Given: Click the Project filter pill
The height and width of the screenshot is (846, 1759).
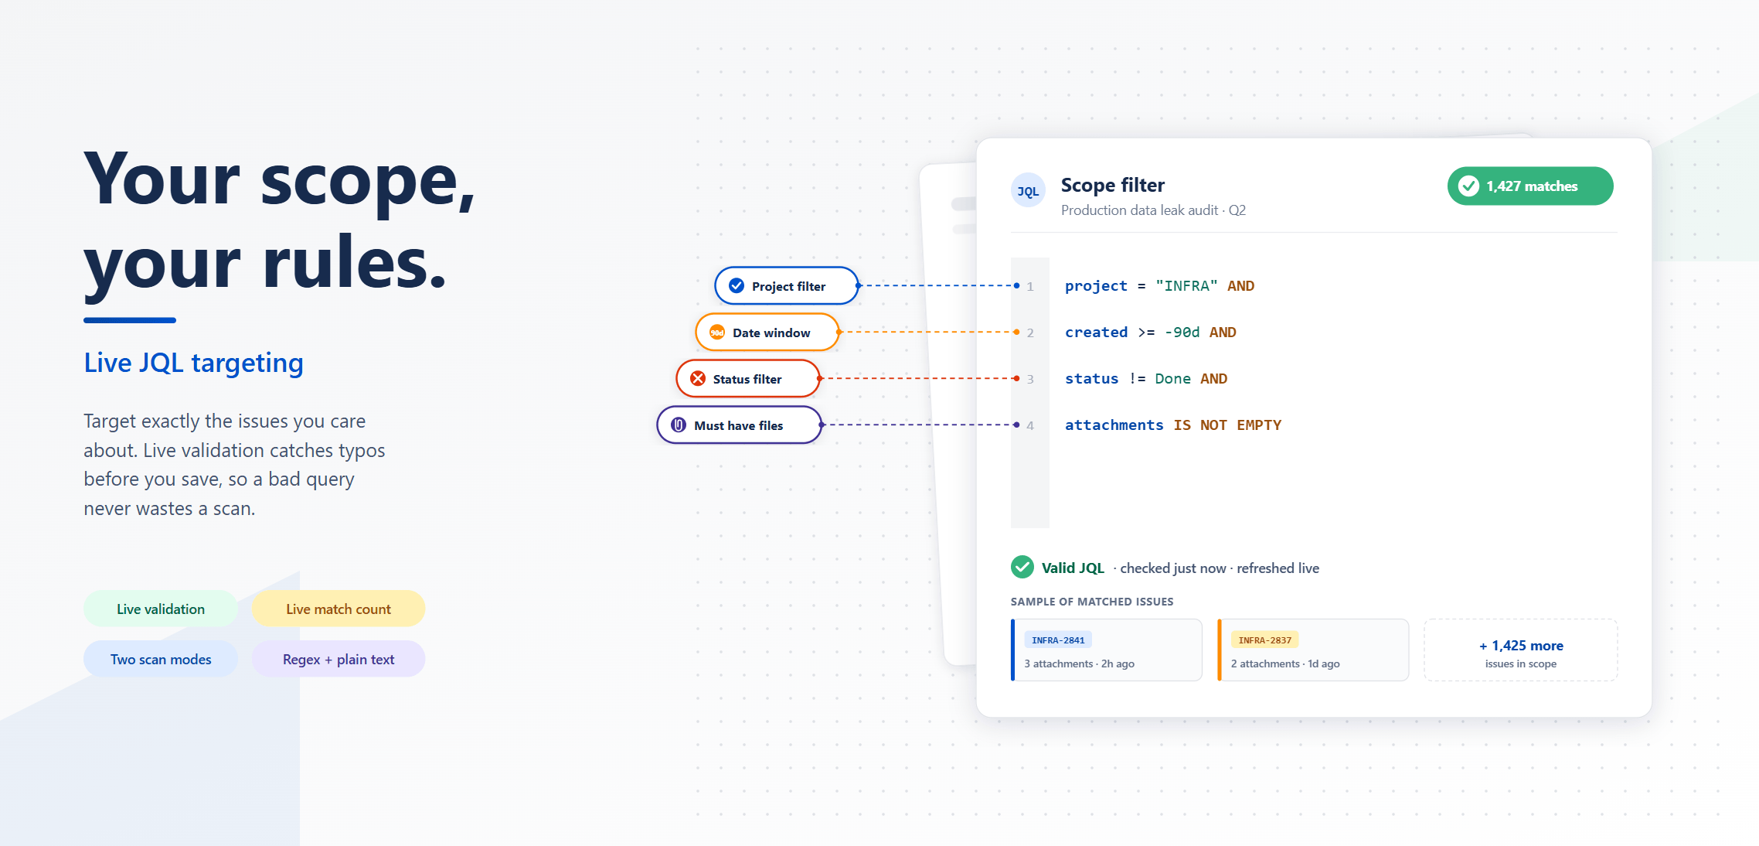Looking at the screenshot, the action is point(787,286).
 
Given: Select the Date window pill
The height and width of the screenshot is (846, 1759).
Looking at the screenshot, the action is point(767,333).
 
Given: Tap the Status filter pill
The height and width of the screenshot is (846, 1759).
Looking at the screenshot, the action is point(747,379).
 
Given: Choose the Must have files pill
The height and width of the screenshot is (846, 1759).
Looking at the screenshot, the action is point(739,425).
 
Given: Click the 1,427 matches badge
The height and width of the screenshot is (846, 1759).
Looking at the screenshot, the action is point(1530,186).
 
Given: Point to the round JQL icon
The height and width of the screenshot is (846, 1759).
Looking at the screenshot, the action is point(1028,191).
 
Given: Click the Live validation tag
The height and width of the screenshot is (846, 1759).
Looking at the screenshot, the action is point(161,609).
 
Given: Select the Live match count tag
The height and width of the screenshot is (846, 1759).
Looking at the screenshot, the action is point(339,609).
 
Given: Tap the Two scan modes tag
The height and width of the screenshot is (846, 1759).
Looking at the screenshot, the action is point(161,660).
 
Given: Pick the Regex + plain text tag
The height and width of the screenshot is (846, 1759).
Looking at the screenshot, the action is point(339,660).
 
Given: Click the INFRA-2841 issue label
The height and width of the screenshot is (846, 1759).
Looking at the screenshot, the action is point(1058,640).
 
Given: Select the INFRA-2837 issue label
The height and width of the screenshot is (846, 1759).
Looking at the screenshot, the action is point(1264,640).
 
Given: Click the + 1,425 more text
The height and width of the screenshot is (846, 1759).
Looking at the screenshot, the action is point(1521,646).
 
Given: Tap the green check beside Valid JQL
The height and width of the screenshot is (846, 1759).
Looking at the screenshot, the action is point(1022,568).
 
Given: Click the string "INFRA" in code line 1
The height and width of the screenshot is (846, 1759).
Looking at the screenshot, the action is point(1186,286).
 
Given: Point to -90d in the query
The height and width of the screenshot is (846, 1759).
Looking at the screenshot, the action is point(1182,333).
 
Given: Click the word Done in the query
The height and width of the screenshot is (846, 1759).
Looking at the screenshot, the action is point(1172,379).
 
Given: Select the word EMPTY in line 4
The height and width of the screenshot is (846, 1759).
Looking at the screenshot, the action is point(1259,425).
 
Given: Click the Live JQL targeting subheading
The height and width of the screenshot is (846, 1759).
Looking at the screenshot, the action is point(194,363).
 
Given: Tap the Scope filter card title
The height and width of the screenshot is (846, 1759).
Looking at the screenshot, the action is point(1112,186).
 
